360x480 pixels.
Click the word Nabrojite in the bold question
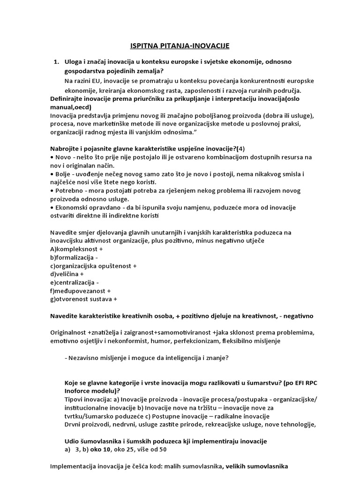click(66, 149)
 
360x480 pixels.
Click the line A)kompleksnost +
click(76, 249)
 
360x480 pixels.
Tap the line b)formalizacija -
click(74, 258)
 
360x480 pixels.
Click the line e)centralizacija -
click(74, 283)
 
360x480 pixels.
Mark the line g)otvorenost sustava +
click(83, 299)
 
